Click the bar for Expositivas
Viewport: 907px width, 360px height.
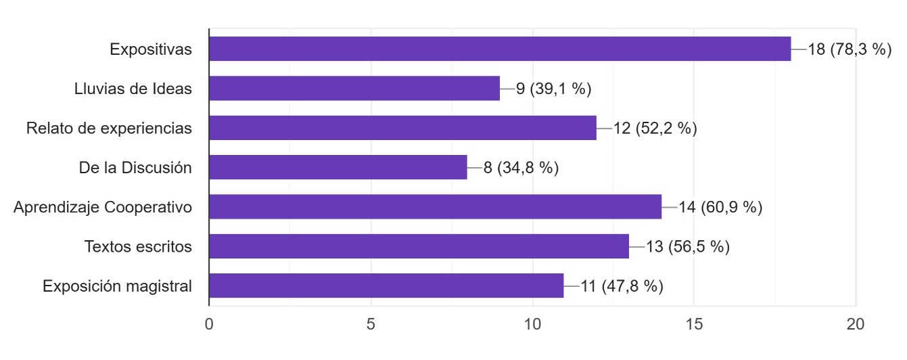(500, 49)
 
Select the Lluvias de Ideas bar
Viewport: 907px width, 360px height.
(354, 88)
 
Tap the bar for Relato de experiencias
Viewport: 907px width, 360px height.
(402, 128)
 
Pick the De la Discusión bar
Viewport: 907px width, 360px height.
(338, 167)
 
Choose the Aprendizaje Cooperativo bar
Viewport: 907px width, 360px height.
(435, 206)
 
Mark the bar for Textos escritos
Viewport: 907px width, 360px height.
(419, 246)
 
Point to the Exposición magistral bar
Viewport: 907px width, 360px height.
(386, 286)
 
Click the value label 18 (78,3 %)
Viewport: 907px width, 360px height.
(850, 49)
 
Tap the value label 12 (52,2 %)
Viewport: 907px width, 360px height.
(655, 128)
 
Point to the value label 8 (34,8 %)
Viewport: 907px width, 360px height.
(521, 168)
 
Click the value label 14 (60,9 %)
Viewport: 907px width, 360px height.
(720, 207)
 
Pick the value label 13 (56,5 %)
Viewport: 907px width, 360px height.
(688, 246)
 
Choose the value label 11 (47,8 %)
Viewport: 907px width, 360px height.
(622, 286)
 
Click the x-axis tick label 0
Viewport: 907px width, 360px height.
(209, 324)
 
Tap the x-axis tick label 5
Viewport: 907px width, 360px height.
(371, 324)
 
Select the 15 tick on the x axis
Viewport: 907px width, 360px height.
(694, 324)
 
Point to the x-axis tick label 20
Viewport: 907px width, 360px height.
(856, 324)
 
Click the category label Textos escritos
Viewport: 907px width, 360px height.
(138, 246)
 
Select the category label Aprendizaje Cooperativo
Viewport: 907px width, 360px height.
(103, 207)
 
